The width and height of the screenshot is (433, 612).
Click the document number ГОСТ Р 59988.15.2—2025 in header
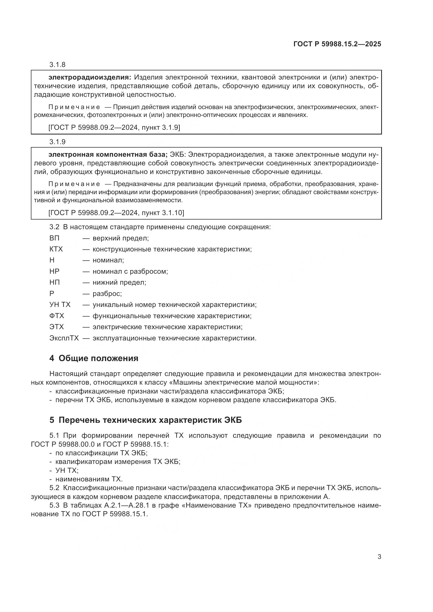click(337, 44)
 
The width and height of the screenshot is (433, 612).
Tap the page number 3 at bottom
click(379, 557)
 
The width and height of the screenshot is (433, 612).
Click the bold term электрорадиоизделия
click(90, 77)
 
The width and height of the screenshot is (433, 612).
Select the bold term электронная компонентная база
click(108, 155)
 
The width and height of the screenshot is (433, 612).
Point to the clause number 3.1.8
click(57, 65)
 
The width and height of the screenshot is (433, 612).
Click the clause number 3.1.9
click(57, 142)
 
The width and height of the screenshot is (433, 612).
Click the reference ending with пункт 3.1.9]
click(114, 128)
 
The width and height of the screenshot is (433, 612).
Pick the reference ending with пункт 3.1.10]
click(116, 213)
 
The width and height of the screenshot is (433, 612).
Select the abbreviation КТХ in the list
click(56, 249)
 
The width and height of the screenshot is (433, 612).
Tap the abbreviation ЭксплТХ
click(64, 338)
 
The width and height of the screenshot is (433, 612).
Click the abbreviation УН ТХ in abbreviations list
click(60, 305)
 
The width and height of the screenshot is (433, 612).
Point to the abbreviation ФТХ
click(57, 316)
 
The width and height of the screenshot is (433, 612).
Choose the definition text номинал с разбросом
click(130, 271)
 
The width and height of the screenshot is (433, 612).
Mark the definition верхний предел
click(120, 238)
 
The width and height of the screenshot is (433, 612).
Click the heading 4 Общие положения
click(94, 358)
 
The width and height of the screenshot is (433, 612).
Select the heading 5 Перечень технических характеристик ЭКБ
click(146, 420)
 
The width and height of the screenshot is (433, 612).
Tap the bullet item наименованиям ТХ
click(89, 479)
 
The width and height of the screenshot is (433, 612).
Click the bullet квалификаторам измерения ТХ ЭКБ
click(118, 461)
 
